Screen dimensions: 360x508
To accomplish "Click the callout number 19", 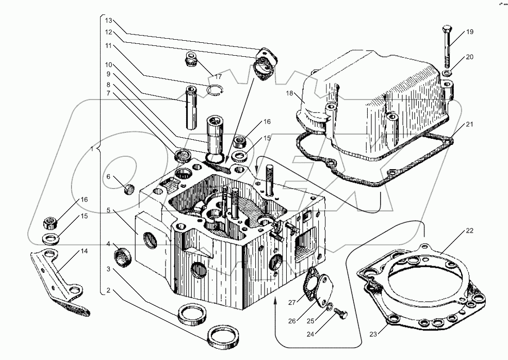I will pos(470,32).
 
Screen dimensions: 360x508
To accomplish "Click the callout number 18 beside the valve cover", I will pos(289,93).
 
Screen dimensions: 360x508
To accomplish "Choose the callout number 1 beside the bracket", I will pos(92,149).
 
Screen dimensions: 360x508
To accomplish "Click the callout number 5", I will pos(108,210).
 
